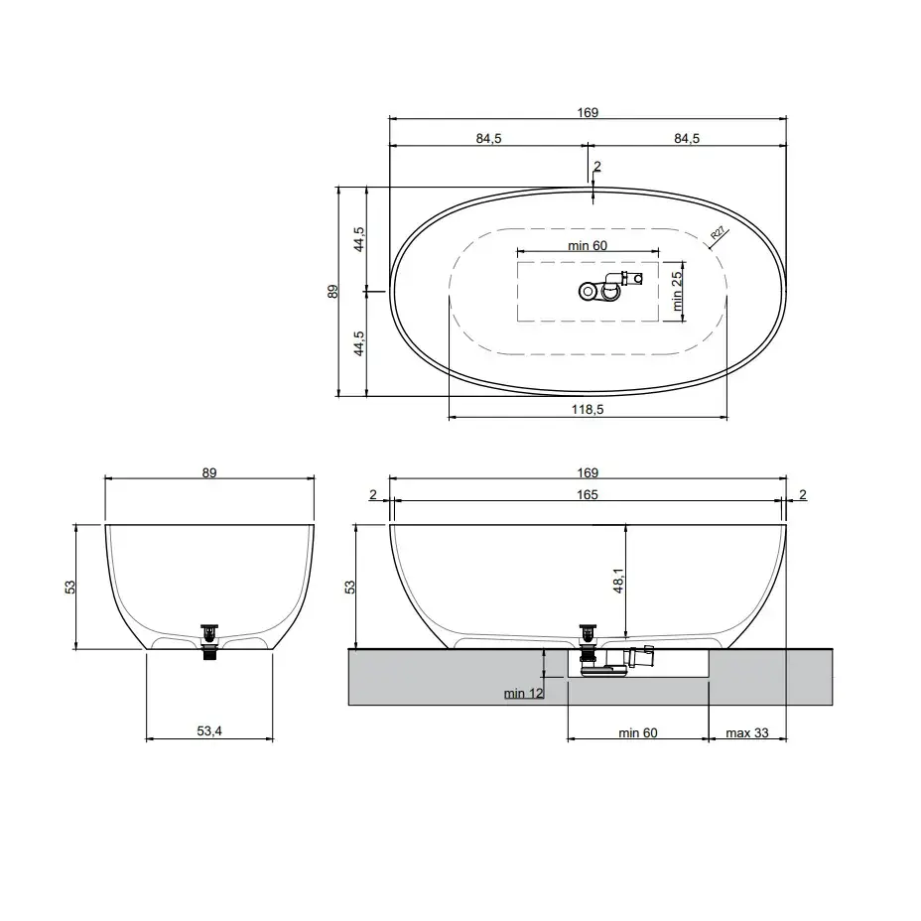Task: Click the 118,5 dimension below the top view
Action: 588,410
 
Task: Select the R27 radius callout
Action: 718,233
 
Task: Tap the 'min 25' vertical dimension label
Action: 677,291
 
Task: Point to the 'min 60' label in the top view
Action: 588,245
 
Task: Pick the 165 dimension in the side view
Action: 588,494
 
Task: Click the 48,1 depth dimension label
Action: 618,581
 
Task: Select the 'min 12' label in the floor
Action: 524,693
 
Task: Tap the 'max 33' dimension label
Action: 747,733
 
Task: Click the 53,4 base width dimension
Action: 209,730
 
